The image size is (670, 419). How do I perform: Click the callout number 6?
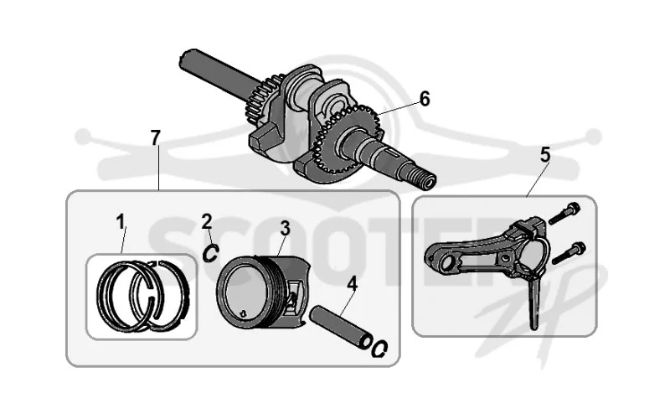[x=425, y=99]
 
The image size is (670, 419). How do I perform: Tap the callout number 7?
[x=156, y=137]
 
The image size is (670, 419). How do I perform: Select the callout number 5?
[x=545, y=155]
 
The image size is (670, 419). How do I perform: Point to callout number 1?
[x=121, y=222]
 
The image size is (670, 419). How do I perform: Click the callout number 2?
[x=207, y=221]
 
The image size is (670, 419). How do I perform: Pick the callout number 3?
[x=285, y=228]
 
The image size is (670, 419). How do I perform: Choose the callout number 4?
[x=352, y=284]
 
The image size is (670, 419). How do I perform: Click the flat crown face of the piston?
[x=244, y=292]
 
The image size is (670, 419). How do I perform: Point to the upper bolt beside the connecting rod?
[x=564, y=214]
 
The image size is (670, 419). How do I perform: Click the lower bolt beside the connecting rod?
[x=569, y=253]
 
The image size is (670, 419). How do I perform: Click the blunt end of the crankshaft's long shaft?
[x=184, y=59]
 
